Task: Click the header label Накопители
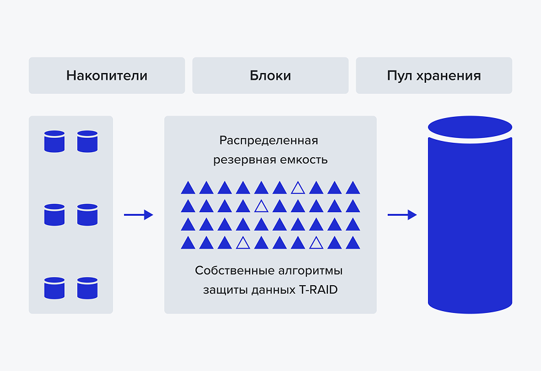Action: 107,75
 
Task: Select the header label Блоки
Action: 270,75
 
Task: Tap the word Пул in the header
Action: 400,75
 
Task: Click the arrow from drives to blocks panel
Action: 138,215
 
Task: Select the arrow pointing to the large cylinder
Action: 402,215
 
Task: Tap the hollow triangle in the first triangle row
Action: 298,187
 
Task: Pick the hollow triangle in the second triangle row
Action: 261,206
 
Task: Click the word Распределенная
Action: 269,140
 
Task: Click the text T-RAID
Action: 319,289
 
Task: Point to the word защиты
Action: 225,290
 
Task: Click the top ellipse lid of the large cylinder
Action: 470,127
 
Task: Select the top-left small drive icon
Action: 54,141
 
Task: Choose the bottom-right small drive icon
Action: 87,288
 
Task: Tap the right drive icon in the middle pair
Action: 87,215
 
